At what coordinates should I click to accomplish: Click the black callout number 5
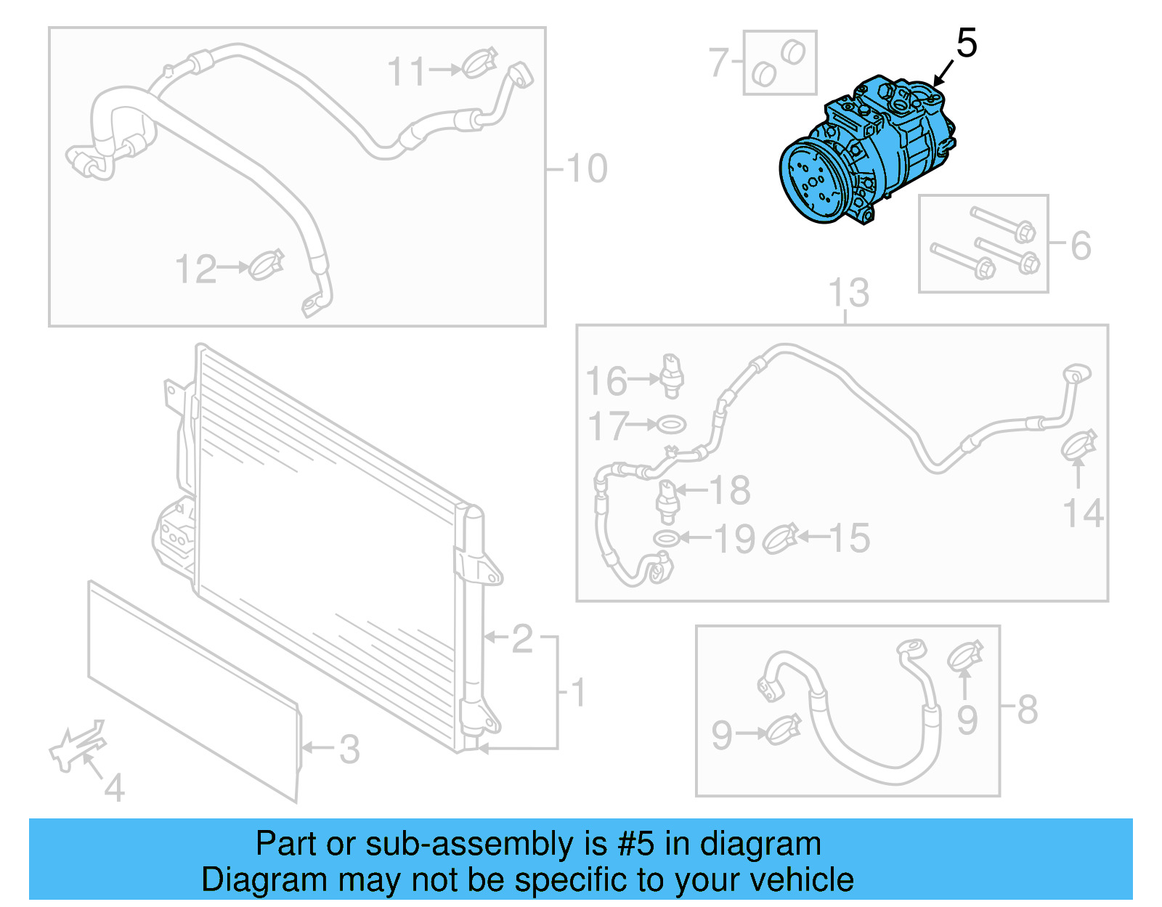[x=966, y=44]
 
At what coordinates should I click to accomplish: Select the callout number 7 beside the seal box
[x=718, y=62]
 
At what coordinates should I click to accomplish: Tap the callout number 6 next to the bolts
[x=1081, y=245]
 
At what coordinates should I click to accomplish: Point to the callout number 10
[x=586, y=168]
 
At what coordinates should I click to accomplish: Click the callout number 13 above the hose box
[x=848, y=293]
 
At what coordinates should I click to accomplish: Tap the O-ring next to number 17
[x=670, y=424]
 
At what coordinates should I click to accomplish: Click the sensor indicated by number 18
[x=667, y=501]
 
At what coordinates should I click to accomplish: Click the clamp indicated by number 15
[x=781, y=538]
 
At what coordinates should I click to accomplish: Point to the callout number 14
[x=1083, y=513]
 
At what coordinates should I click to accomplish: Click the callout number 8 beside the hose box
[x=1027, y=709]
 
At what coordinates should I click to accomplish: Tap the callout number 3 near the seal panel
[x=349, y=749]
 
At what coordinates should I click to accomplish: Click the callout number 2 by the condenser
[x=522, y=639]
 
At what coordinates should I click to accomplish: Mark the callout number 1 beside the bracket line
[x=579, y=693]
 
